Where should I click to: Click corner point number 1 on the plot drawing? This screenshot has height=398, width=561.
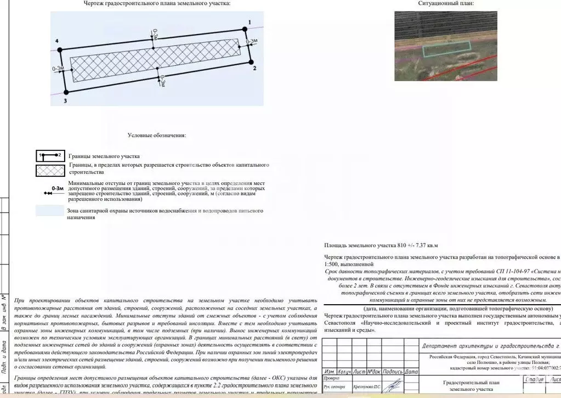[245, 29]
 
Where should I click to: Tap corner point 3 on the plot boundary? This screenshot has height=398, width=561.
[66, 92]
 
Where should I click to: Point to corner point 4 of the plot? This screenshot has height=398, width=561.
[60, 49]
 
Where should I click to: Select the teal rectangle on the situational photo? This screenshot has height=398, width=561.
[446, 49]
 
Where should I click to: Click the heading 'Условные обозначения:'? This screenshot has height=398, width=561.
[157, 135]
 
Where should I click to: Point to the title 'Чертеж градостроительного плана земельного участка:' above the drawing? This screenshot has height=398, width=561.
[157, 4]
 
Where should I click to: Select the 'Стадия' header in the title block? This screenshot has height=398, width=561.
[534, 379]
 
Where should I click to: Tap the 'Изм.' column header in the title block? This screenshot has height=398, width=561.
[330, 372]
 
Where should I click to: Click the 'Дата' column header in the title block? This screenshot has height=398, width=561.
[411, 372]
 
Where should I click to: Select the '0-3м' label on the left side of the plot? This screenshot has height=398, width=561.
[58, 69]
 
